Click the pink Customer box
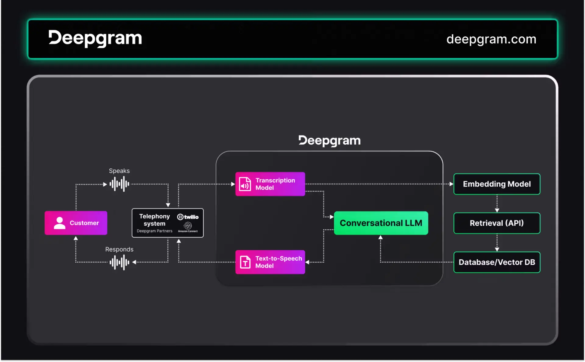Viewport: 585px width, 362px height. click(x=76, y=223)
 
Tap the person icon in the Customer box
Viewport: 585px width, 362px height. click(x=59, y=223)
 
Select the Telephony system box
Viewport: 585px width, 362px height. click(x=167, y=223)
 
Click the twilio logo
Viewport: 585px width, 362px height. click(x=188, y=217)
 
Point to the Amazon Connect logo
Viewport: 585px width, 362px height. click(x=188, y=227)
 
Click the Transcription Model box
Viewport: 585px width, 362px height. click(x=270, y=184)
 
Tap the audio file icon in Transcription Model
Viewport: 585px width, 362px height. click(x=245, y=184)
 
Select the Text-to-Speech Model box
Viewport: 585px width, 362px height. click(x=270, y=262)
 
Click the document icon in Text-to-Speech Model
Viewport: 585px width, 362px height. click(x=245, y=262)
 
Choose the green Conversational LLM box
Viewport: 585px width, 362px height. click(x=381, y=223)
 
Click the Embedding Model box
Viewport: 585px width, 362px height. click(x=497, y=184)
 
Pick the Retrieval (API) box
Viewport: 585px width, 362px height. click(x=497, y=223)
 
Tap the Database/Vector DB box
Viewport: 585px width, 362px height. click(x=497, y=262)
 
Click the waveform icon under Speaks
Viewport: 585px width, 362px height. click(x=119, y=184)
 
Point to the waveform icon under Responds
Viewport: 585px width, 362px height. click(x=119, y=262)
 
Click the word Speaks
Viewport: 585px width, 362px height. click(x=119, y=171)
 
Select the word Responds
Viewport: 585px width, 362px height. click(x=119, y=249)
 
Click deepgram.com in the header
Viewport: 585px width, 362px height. click(x=491, y=39)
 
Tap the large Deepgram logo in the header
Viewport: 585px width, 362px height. click(x=95, y=38)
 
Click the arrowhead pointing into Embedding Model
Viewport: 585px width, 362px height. click(x=451, y=184)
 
